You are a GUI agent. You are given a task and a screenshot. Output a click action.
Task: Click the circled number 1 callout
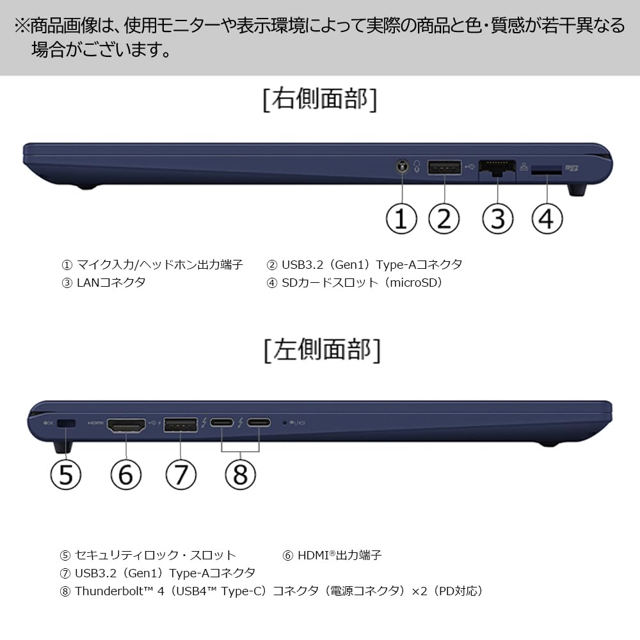401,219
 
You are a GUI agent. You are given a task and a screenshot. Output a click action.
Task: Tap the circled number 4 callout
547,219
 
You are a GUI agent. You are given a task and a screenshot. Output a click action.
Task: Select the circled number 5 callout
66,475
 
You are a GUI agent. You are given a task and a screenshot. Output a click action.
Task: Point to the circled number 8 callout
241,475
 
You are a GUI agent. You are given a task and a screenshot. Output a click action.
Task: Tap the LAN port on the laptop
497,168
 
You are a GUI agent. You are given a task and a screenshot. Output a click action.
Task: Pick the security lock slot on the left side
66,424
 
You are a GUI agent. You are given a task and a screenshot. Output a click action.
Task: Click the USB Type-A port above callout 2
445,168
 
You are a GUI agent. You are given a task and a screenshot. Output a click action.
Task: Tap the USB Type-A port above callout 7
180,424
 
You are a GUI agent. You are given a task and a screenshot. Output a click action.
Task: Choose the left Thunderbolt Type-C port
222,422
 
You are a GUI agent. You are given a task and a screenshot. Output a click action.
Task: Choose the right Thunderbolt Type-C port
259,422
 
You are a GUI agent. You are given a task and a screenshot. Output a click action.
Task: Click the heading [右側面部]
320,99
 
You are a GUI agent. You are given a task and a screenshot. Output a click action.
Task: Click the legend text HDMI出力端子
339,555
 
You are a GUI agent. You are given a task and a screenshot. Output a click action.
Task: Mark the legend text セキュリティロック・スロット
156,555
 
